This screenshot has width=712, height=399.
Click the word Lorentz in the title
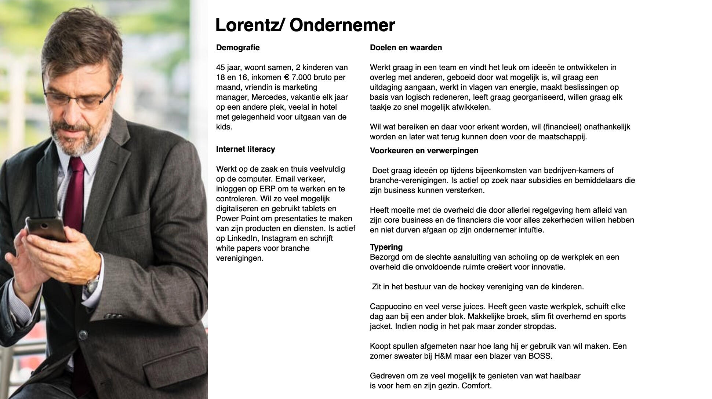click(246, 25)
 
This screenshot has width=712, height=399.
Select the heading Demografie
click(238, 48)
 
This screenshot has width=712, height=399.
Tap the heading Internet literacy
click(246, 149)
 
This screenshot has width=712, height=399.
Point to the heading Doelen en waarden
click(406, 48)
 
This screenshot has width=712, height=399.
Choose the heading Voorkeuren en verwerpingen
click(424, 151)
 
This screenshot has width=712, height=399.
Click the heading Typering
click(386, 247)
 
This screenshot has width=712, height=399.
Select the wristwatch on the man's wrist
click(92, 284)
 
